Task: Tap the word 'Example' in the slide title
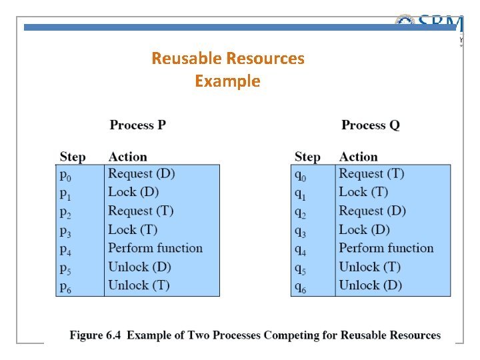tap(227, 81)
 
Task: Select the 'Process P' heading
tap(138, 125)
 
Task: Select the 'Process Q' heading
tap(371, 125)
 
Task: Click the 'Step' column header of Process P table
tap(73, 157)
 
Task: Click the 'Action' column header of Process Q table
tap(358, 157)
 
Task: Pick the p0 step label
tap(65, 175)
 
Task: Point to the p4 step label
tap(65, 250)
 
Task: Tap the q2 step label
tap(300, 213)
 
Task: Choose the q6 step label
tap(300, 287)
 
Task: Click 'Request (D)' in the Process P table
tap(141, 174)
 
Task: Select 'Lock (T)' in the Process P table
tap(133, 229)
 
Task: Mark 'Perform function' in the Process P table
tap(155, 248)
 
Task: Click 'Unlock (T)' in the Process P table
tap(139, 285)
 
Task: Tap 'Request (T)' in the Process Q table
tap(371, 174)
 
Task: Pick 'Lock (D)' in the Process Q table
tap(364, 229)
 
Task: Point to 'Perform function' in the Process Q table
tap(386, 248)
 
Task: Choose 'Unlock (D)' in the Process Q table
tap(370, 285)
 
